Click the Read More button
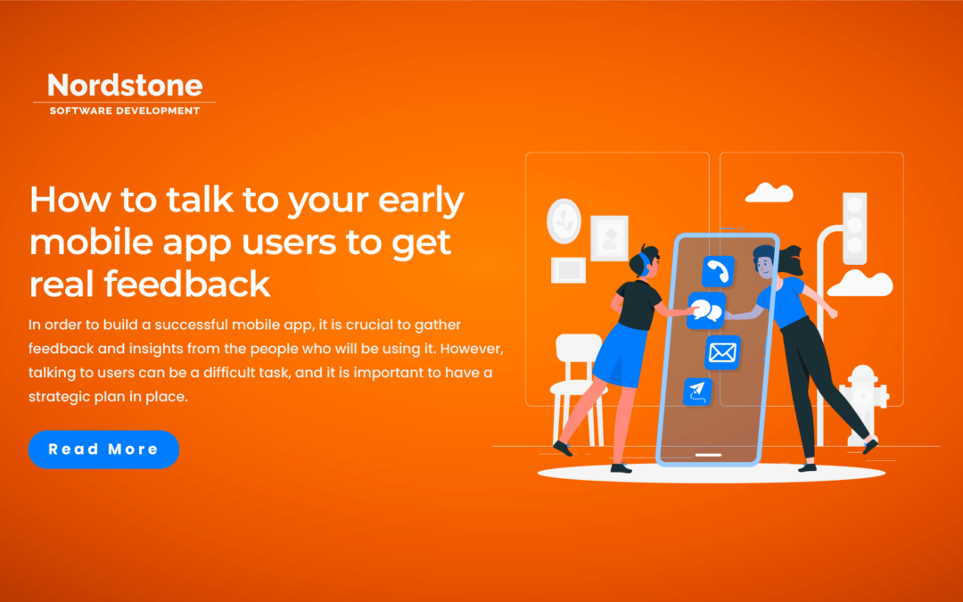[103, 449]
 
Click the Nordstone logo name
[125, 86]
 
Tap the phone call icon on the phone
[717, 271]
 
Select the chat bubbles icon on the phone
[706, 310]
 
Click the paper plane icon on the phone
[697, 392]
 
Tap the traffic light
[855, 227]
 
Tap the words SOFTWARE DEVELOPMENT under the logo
[125, 111]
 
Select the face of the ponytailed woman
[764, 265]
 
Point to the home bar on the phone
[707, 454]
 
